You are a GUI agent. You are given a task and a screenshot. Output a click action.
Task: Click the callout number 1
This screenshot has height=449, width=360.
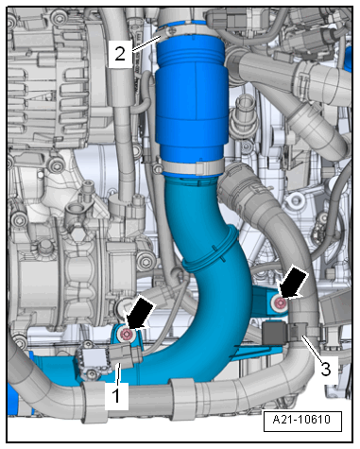(116, 396)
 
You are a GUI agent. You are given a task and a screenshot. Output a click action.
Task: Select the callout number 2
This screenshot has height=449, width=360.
(120, 54)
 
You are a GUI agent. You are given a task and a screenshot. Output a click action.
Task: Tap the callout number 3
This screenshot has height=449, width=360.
(326, 369)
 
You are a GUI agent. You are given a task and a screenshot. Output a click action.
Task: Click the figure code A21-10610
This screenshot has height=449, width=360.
(302, 420)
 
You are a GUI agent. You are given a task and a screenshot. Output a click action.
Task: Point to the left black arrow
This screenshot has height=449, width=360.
(139, 313)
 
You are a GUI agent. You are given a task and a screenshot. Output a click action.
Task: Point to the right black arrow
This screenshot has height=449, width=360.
(292, 282)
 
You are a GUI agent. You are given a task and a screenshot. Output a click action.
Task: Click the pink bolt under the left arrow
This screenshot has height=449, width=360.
(127, 335)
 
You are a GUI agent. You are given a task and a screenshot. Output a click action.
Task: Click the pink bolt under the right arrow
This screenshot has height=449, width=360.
(280, 303)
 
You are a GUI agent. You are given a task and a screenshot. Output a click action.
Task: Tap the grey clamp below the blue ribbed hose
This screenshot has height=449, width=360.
(193, 166)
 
